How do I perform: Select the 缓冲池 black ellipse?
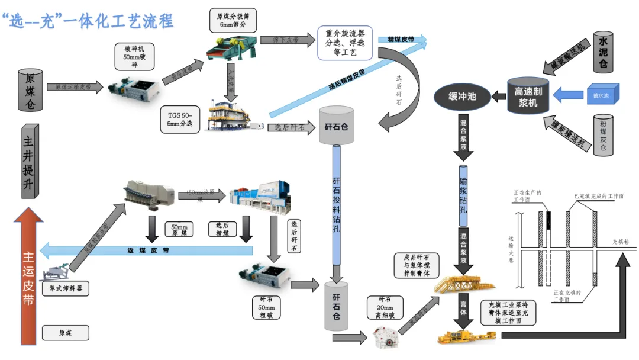pyautogui.click(x=463, y=96)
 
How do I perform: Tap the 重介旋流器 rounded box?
pyautogui.click(x=344, y=43)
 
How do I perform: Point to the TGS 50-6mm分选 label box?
pyautogui.click(x=180, y=119)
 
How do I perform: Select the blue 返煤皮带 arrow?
pyautogui.click(x=148, y=250)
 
